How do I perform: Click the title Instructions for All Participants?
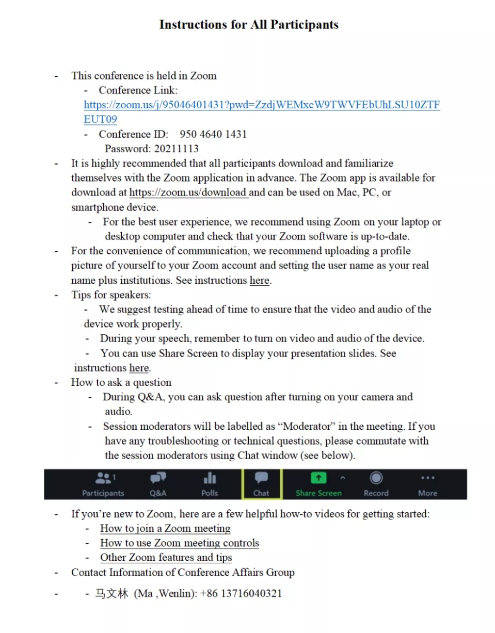click(248, 25)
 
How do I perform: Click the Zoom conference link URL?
click(262, 105)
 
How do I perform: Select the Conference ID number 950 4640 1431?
click(213, 135)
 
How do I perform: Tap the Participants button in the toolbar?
click(103, 484)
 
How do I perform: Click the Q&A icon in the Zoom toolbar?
click(158, 484)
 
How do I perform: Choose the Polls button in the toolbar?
click(210, 484)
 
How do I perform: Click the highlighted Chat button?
click(261, 484)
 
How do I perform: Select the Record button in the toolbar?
click(376, 484)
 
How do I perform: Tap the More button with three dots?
click(427, 484)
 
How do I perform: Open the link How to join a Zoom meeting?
click(165, 529)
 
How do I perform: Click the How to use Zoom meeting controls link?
click(180, 543)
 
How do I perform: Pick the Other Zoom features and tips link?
click(166, 558)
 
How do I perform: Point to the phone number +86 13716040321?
click(241, 593)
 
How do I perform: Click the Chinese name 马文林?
click(111, 593)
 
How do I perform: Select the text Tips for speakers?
click(111, 295)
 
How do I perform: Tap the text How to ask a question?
click(121, 383)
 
